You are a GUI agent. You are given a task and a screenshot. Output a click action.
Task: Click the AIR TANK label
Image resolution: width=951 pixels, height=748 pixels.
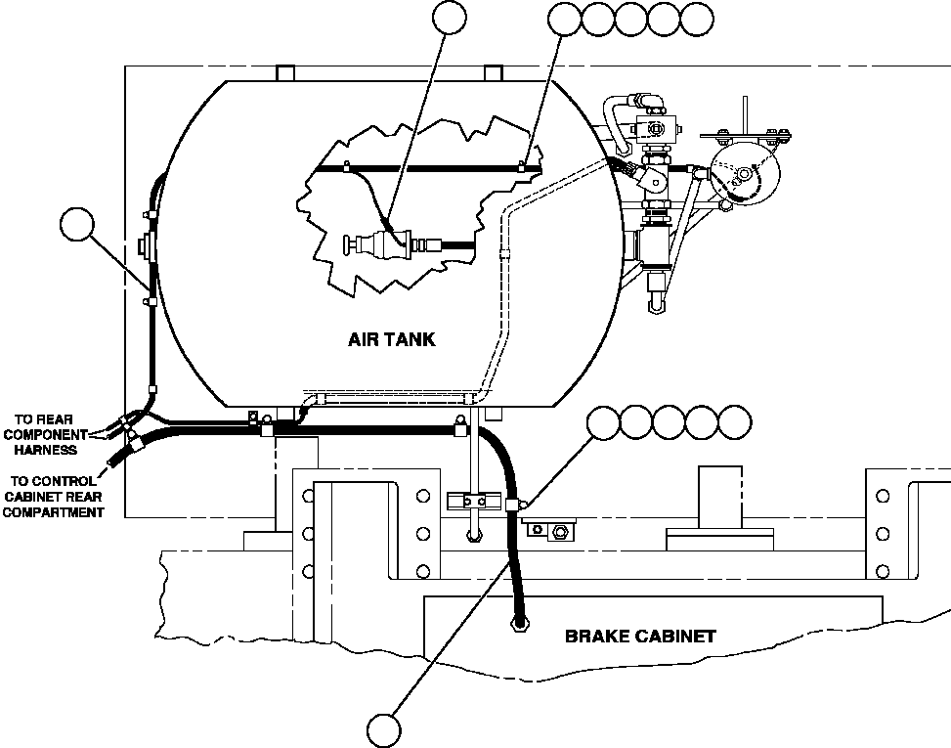click(x=391, y=340)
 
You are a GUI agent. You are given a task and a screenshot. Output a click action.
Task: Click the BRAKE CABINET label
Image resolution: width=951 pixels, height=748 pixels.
click(x=640, y=636)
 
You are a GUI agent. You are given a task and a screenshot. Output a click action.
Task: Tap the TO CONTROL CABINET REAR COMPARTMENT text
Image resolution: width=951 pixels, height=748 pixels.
click(x=54, y=496)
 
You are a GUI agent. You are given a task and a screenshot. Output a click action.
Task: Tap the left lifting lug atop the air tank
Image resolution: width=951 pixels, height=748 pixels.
click(x=285, y=73)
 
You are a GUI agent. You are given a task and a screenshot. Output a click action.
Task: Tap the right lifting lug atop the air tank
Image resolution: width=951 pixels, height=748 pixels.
click(x=495, y=73)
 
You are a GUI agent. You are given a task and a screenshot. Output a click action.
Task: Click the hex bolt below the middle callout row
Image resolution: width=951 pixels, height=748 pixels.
click(x=560, y=532)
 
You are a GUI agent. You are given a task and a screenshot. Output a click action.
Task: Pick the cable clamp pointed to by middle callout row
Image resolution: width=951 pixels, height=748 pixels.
click(x=514, y=504)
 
